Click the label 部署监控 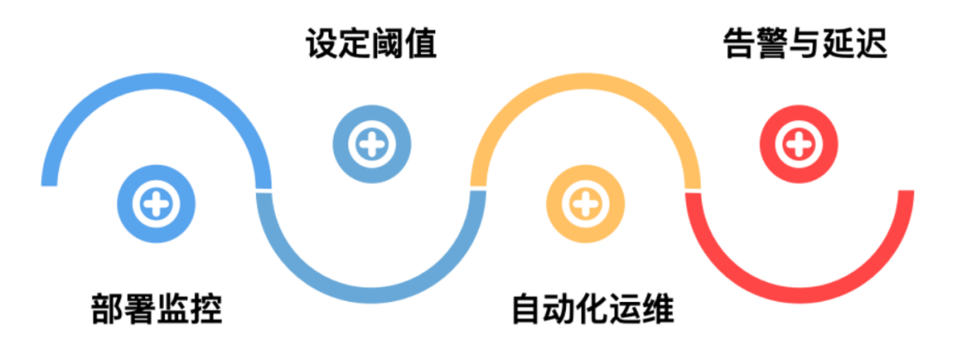[x=156, y=309]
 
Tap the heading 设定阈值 [x=371, y=43]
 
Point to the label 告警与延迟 [x=804, y=43]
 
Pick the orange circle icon [x=585, y=204]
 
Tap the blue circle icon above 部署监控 [x=157, y=204]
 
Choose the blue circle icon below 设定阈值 [x=372, y=143]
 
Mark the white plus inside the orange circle [x=585, y=204]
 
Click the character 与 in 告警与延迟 [x=804, y=43]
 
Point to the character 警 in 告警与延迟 [x=771, y=43]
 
